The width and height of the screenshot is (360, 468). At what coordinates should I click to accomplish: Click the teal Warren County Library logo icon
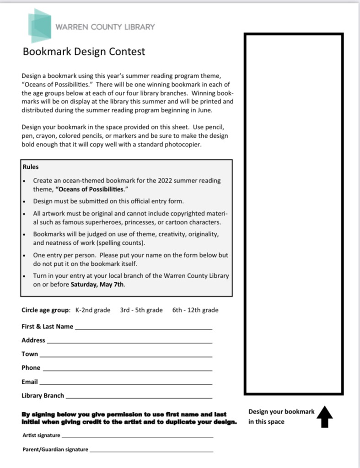(x=39, y=26)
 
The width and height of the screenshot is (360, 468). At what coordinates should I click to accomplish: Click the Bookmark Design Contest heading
(x=84, y=51)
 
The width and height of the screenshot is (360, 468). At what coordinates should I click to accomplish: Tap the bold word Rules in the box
(x=31, y=167)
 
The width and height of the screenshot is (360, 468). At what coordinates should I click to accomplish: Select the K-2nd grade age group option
(x=93, y=310)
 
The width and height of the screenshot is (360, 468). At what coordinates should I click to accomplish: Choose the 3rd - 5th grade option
(x=141, y=310)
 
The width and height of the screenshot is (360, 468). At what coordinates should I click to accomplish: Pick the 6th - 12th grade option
(x=195, y=310)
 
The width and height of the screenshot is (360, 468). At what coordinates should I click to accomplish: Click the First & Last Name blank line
(x=143, y=328)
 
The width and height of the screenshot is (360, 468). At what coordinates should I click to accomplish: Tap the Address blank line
(x=129, y=342)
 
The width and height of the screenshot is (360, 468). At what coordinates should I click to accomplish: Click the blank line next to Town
(x=126, y=355)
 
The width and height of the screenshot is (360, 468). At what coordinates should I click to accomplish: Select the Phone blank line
(x=127, y=369)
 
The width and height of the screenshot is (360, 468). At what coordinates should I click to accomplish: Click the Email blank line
(x=126, y=383)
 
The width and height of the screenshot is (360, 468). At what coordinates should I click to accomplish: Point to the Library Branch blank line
(x=139, y=397)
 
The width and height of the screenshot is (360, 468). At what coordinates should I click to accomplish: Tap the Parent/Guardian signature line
(x=151, y=451)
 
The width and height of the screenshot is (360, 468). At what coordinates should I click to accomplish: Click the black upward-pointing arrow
(x=324, y=416)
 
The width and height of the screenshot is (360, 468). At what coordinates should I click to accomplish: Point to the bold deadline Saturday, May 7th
(x=97, y=284)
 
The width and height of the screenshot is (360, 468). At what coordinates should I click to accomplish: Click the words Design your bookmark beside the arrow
(x=281, y=412)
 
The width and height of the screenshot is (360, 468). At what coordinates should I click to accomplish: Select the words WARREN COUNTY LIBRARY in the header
(x=105, y=27)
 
